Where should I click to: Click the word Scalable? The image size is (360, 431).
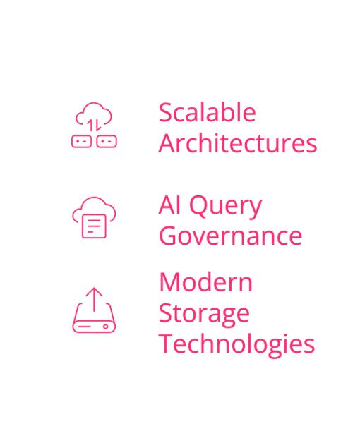click(x=208, y=112)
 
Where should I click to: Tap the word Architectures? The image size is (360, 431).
click(x=238, y=143)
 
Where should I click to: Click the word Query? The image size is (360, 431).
click(x=226, y=207)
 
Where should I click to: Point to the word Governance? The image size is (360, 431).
click(x=231, y=236)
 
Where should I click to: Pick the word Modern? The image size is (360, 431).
click(x=205, y=282)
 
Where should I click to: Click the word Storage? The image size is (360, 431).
click(x=204, y=315)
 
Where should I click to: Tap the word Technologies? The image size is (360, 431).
click(x=236, y=344)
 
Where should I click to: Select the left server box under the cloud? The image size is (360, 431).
click(x=82, y=142)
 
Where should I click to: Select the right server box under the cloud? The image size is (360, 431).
click(x=107, y=142)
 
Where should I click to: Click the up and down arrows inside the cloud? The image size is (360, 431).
click(x=94, y=126)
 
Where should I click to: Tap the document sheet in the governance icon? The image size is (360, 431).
click(x=94, y=226)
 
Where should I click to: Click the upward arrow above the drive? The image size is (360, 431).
click(x=94, y=300)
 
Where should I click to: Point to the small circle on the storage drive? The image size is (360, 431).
click(x=106, y=327)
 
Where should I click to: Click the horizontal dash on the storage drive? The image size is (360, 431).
click(x=85, y=327)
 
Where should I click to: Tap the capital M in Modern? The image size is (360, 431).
click(x=168, y=282)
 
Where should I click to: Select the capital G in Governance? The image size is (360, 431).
click(x=167, y=236)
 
